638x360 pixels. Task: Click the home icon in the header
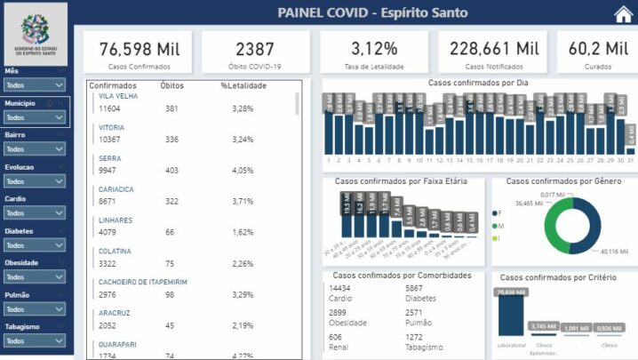pos(624,14)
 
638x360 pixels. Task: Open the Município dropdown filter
pos(35,117)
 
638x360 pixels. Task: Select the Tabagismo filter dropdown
pos(35,341)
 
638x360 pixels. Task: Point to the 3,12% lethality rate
pos(373,48)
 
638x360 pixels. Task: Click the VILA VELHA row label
pos(117,96)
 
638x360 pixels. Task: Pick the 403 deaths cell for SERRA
pos(171,170)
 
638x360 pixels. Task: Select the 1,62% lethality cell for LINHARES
pos(243,232)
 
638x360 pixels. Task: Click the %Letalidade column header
pos(243,85)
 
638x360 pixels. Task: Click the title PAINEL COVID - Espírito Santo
pos(372,13)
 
